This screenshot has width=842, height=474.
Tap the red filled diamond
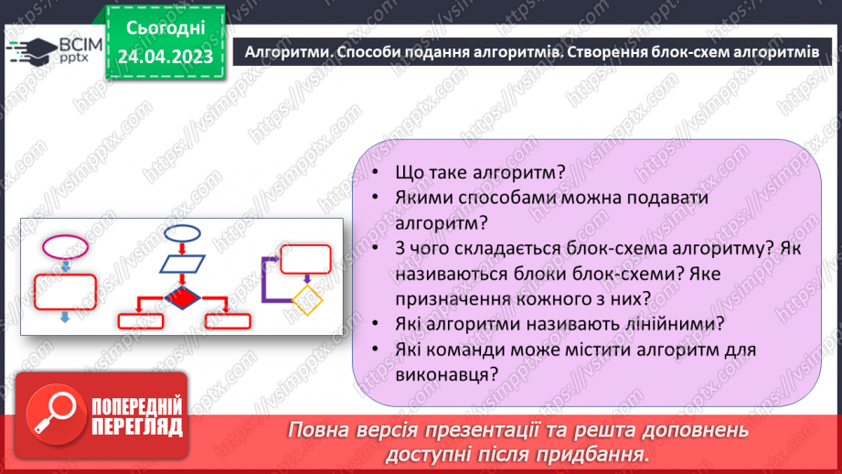pos(182,297)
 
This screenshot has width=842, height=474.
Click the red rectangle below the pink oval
pos(64,291)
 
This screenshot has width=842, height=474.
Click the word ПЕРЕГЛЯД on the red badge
pos(135,426)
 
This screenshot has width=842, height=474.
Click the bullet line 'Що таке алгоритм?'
pos(479,172)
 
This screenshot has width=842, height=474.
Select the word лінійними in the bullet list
pos(657,323)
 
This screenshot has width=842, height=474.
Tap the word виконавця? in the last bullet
pos(447,373)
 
